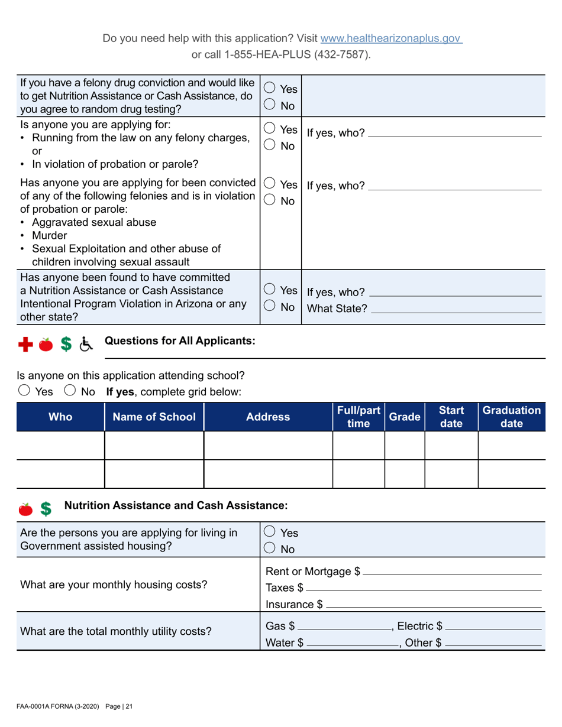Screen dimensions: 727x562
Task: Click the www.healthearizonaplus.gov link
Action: tap(390, 39)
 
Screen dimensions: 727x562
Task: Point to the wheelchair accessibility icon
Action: tap(86, 345)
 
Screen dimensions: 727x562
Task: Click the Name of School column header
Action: tap(154, 417)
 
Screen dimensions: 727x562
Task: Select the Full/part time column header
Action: tap(358, 417)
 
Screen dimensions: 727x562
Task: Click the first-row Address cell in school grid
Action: tap(268, 445)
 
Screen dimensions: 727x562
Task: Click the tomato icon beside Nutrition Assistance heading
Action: tap(25, 508)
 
